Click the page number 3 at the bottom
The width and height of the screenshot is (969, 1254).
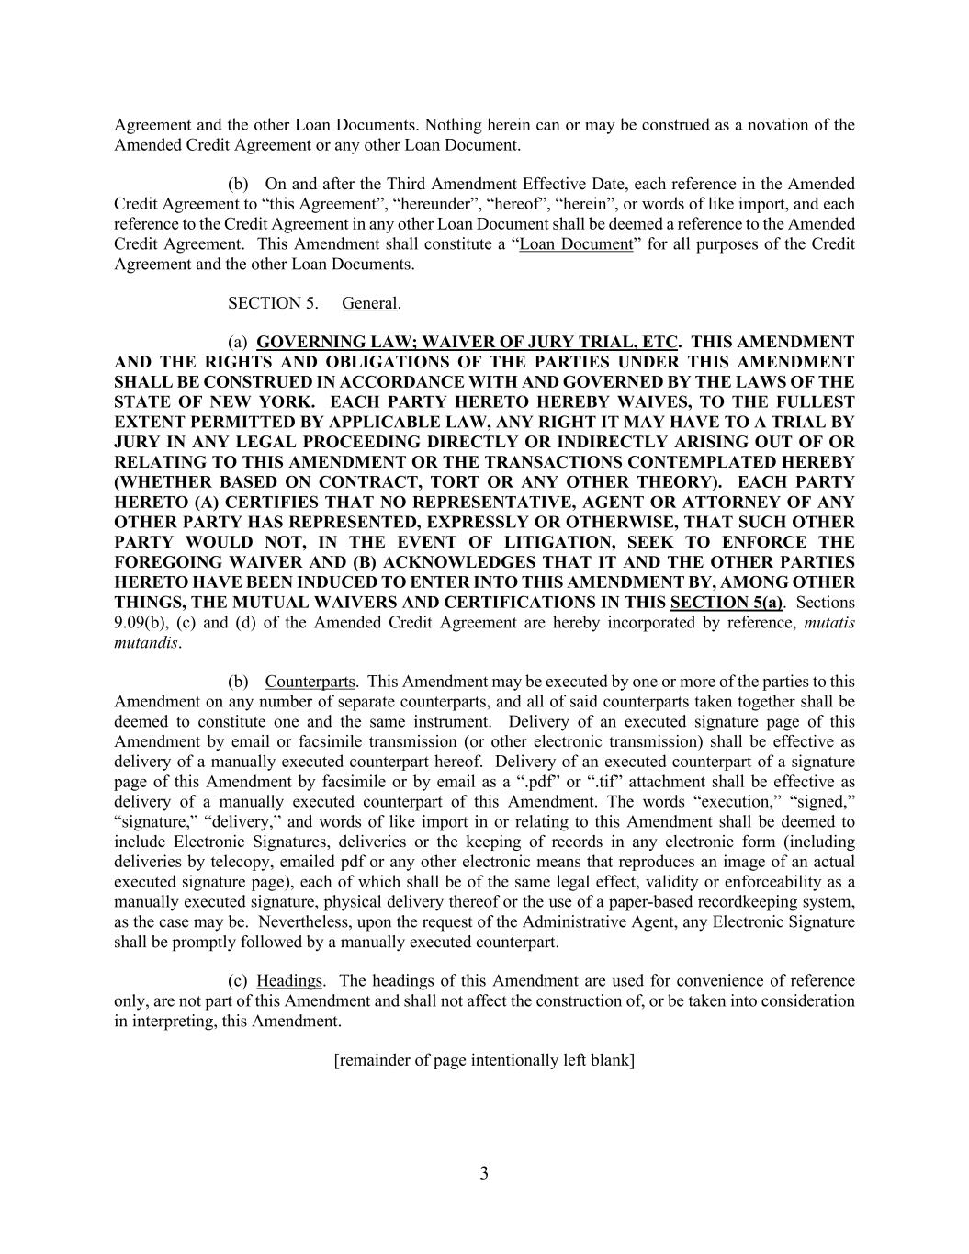click(484, 1173)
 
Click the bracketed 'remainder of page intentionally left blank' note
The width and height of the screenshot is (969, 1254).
click(484, 1060)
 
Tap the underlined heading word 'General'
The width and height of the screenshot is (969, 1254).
click(370, 303)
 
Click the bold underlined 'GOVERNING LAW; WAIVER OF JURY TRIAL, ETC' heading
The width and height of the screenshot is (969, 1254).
click(467, 342)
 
